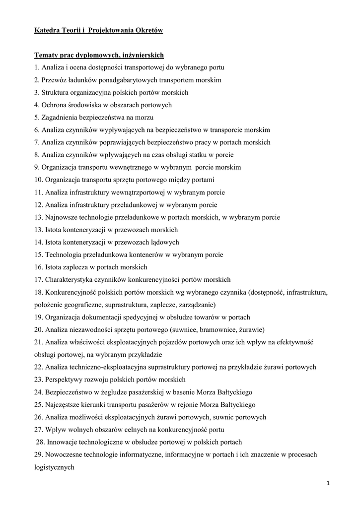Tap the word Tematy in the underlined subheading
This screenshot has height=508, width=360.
pos(46,55)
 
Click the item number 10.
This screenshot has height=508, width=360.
pos(38,180)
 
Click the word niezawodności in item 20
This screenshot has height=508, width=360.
pos(87,329)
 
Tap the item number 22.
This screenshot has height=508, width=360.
pos(38,367)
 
